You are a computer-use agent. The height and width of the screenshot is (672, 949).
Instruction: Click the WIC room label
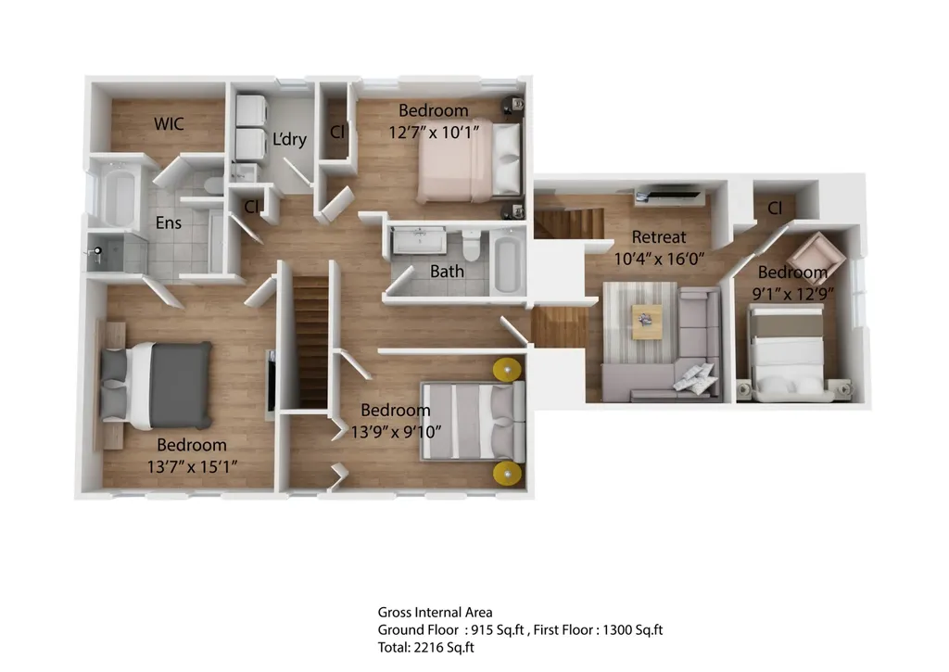click(169, 123)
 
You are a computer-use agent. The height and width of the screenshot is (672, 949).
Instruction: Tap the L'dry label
click(289, 139)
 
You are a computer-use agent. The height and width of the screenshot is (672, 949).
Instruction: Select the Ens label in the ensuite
click(169, 222)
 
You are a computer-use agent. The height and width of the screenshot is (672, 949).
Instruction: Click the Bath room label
click(448, 272)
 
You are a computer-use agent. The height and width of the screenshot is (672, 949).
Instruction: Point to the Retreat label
click(659, 236)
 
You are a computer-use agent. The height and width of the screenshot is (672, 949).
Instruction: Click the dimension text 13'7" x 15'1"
click(192, 467)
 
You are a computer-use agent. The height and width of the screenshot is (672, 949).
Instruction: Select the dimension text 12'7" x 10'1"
click(434, 132)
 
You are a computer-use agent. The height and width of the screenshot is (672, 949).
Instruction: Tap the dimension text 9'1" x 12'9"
click(793, 294)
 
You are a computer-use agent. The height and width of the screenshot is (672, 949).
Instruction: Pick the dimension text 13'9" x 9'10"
click(396, 432)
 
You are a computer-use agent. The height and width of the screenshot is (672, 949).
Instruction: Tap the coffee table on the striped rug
click(646, 322)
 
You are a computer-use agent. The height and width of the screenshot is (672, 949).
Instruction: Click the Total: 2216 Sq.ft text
click(426, 647)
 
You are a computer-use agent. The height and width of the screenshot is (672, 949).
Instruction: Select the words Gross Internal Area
click(436, 612)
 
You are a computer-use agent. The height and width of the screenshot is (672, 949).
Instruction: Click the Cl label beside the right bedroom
click(775, 209)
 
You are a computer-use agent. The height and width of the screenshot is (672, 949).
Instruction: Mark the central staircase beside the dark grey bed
click(312, 342)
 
